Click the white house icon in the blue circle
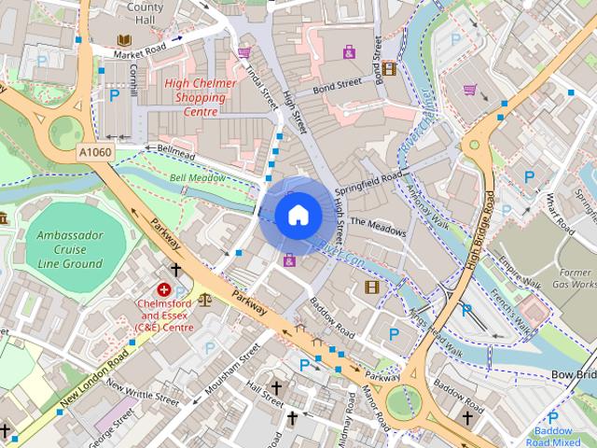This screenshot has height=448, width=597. [x=297, y=215]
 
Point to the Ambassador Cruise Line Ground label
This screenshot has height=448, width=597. [x=70, y=249]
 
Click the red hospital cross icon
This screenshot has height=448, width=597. [x=164, y=290]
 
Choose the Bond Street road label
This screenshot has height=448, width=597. [x=337, y=86]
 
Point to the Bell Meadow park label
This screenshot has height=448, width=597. [x=198, y=177]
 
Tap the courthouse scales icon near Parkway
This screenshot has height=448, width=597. [x=204, y=301]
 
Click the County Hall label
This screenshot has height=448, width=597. [x=145, y=13]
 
